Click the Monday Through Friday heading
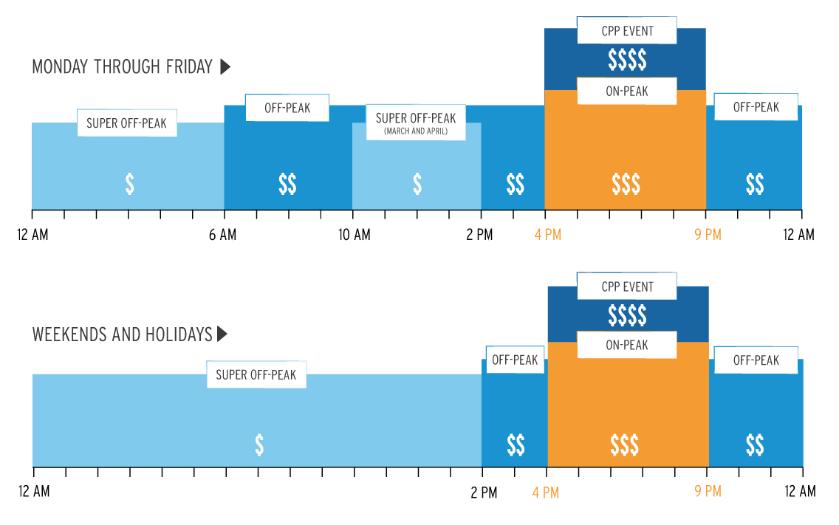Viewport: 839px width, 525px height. (x=123, y=67)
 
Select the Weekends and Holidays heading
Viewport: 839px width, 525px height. (x=122, y=334)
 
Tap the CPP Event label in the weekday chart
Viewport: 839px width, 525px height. (x=626, y=32)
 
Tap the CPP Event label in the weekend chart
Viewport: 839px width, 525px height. (x=626, y=286)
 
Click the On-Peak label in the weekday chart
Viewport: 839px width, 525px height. (x=626, y=92)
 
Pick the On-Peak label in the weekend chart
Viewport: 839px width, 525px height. (x=626, y=345)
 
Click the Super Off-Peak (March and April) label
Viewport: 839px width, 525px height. (x=416, y=123)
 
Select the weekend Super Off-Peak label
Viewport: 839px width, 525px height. (x=256, y=375)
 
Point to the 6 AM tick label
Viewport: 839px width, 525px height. (x=222, y=235)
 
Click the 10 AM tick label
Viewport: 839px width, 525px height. (x=355, y=235)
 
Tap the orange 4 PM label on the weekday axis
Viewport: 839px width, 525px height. (x=547, y=235)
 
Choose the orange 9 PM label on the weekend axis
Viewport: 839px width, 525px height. (x=708, y=491)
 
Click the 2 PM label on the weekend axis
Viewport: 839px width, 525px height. (x=484, y=491)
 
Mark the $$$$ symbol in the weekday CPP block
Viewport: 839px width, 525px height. (x=627, y=60)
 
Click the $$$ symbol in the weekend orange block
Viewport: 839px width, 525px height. (x=625, y=445)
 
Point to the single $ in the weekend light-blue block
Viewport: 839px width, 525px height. (x=259, y=445)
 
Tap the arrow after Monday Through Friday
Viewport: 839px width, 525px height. (x=225, y=67)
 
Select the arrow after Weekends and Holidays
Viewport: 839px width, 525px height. (x=222, y=334)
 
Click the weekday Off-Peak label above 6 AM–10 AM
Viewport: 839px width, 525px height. (x=287, y=109)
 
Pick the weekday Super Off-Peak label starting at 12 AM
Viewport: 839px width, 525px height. (x=127, y=123)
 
